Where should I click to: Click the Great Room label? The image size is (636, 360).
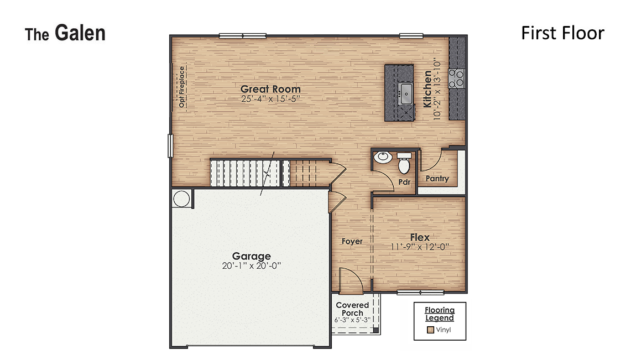(x=270, y=89)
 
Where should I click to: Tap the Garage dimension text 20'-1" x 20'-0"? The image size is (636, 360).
(x=252, y=265)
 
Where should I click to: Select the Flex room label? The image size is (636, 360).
(x=419, y=237)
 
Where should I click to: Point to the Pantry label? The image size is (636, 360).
(x=437, y=179)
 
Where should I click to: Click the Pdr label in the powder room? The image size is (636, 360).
(x=404, y=181)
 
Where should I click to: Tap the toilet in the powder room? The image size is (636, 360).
(x=404, y=162)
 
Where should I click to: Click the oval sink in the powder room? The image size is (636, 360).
(x=383, y=158)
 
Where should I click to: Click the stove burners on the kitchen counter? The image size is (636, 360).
(x=457, y=79)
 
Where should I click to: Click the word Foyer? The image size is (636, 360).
(x=352, y=241)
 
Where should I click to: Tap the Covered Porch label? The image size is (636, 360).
(x=352, y=309)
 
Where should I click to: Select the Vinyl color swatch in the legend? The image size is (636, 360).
(x=430, y=330)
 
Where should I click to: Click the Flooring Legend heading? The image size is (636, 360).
(x=440, y=314)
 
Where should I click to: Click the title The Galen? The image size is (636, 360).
(x=65, y=34)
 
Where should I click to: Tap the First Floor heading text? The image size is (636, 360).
(x=562, y=33)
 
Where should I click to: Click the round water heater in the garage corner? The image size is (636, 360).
(x=181, y=199)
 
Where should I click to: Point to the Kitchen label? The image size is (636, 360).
(x=428, y=88)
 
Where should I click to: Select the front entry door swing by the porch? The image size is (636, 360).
(x=350, y=280)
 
